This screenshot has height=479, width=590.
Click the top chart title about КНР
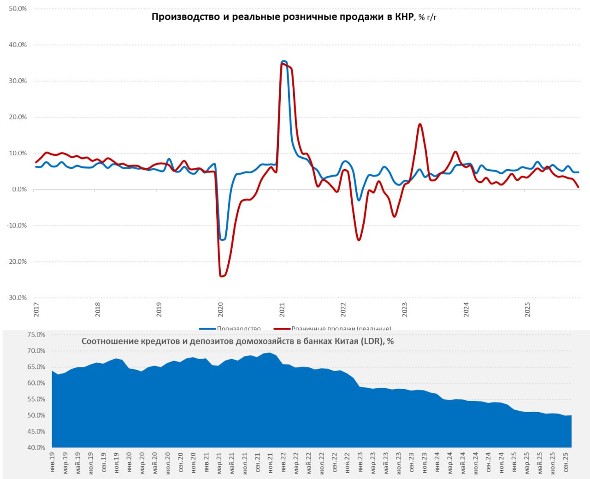[294, 18]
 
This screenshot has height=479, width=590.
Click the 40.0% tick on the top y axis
[18, 45]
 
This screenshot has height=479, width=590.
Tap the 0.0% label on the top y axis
[19, 189]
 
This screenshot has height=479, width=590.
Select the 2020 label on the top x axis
[220, 309]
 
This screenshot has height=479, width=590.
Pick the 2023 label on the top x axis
[405, 309]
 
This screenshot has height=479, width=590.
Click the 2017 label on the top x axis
[36, 309]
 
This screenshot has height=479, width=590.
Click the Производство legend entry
[238, 329]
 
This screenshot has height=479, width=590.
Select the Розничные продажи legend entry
[341, 329]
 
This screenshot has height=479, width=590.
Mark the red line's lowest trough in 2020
[222, 276]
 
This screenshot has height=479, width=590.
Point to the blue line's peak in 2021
[283, 61]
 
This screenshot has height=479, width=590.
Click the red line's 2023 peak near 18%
[420, 124]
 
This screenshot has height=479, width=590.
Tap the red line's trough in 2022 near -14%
[359, 240]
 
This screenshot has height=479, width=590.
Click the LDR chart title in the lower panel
[237, 342]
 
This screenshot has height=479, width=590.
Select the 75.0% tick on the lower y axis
[36, 335]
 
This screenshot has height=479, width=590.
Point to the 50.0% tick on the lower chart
[36, 415]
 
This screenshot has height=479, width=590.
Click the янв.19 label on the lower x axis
[52, 462]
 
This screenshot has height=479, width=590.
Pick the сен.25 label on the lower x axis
[566, 462]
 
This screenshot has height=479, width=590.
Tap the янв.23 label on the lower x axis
[360, 462]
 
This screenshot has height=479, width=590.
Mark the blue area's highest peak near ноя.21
[270, 353]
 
